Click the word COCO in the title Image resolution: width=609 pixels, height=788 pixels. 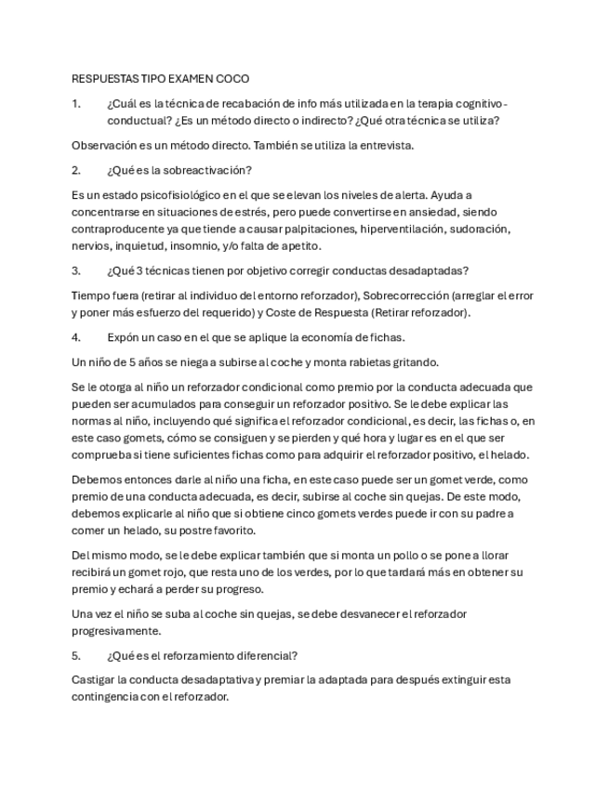(232, 79)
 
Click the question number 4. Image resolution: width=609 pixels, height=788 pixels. (76, 336)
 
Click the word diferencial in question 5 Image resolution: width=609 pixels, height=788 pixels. (265, 654)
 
